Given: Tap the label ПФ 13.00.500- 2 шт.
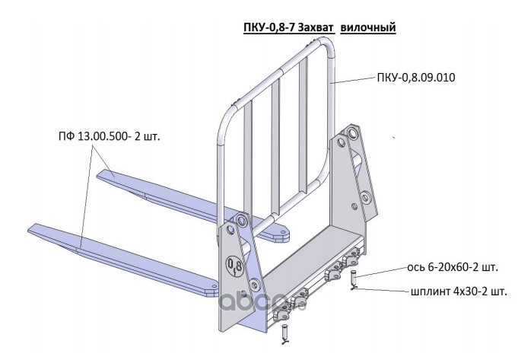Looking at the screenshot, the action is pyautogui.click(x=111, y=138).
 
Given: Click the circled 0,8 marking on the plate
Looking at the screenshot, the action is pyautogui.click(x=236, y=265).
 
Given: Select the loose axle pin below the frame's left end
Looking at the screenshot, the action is pyautogui.click(x=284, y=332).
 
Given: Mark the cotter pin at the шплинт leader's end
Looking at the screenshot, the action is pyautogui.click(x=354, y=289).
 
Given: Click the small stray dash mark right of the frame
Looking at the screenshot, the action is pyautogui.click(x=394, y=137).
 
